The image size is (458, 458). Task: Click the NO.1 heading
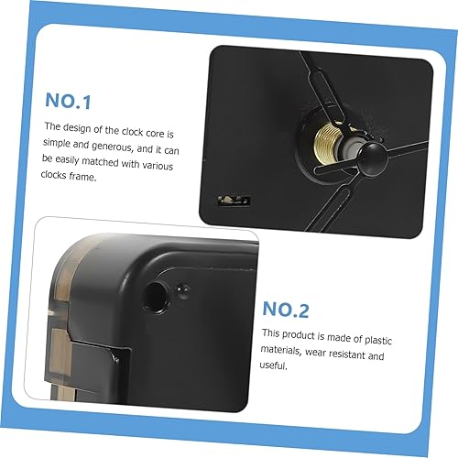point(68,101)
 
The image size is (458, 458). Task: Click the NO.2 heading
point(286,310)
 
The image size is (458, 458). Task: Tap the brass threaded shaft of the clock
point(327,139)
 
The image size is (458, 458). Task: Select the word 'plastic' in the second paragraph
point(378,340)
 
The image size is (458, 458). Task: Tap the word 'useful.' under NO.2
point(274,365)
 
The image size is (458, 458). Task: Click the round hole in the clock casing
point(156,298)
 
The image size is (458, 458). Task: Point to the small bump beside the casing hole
point(182,289)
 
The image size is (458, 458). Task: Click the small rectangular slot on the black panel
point(234,201)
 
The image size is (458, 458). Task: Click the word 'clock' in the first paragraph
point(132,132)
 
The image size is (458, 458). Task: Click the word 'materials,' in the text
point(280,350)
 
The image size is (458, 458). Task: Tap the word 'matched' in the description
point(100,162)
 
